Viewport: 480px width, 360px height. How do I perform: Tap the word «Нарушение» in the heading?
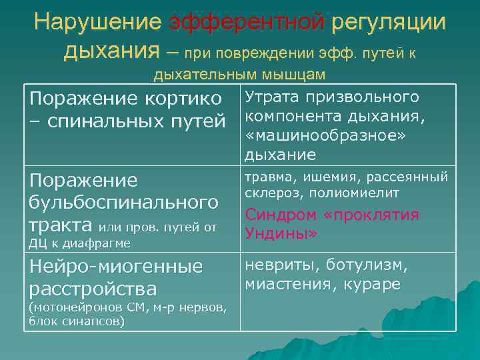pos(98,23)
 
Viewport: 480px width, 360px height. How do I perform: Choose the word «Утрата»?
pos(272,97)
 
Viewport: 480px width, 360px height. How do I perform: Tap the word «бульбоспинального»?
pos(123,202)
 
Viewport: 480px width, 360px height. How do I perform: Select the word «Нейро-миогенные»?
pos(115,267)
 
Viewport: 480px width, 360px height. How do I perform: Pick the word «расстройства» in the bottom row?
pos(92,289)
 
